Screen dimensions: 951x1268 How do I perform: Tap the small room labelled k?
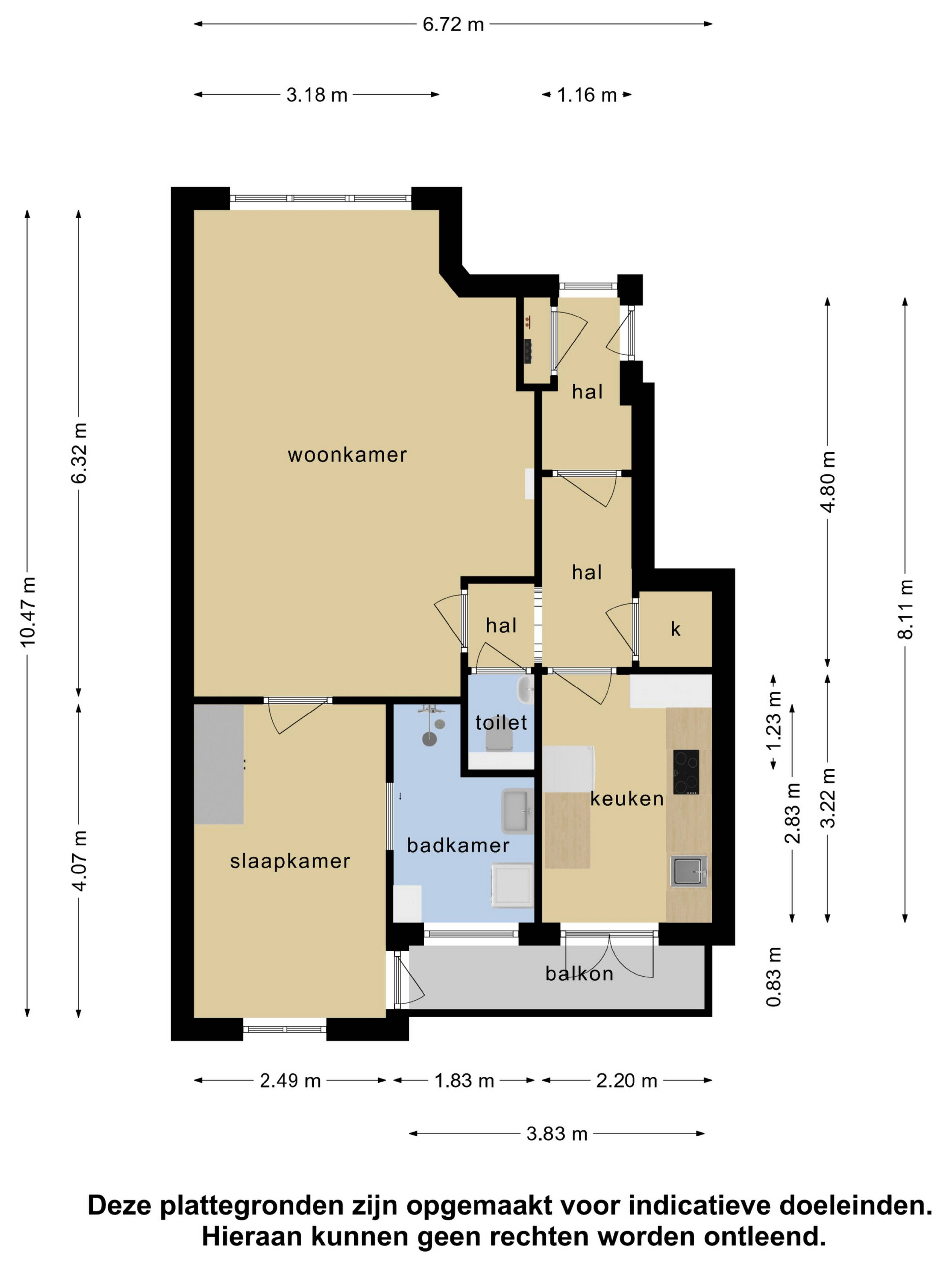[675, 629]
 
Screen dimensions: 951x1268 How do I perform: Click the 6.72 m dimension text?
[453, 25]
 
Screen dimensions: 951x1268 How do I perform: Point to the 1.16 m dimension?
[587, 95]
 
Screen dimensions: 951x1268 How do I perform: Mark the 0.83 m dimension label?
[774, 976]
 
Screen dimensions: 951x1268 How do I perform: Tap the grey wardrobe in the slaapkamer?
[219, 764]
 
